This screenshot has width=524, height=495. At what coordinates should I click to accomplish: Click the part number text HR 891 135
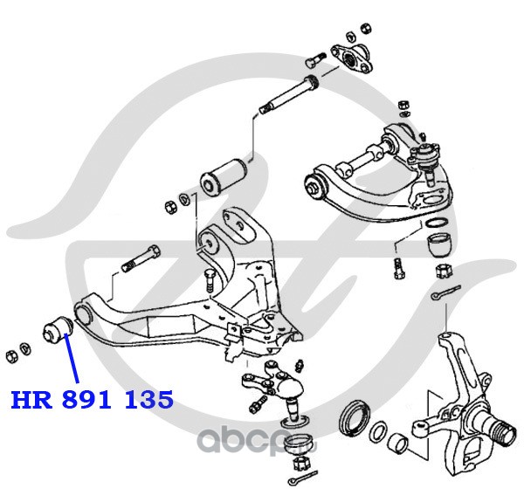(x=92, y=400)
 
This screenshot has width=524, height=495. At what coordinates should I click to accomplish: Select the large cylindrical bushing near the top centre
(x=224, y=174)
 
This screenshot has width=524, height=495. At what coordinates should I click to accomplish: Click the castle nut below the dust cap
(x=441, y=267)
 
